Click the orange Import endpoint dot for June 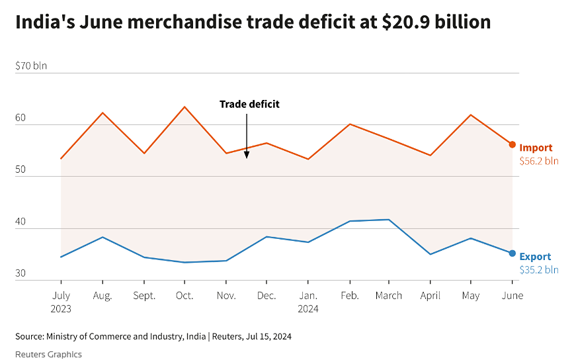click(x=512, y=144)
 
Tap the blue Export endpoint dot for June click(x=512, y=253)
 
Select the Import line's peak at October click(x=184, y=107)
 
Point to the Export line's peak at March click(x=389, y=220)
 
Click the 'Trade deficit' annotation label click(x=249, y=104)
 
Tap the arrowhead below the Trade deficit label click(x=247, y=156)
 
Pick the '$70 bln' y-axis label click(x=31, y=66)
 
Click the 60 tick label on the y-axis click(x=20, y=118)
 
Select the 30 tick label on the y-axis click(x=20, y=273)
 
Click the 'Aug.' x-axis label click(x=102, y=296)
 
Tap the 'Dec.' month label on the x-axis click(x=266, y=296)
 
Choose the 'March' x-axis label click(x=389, y=296)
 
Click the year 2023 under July click(x=61, y=308)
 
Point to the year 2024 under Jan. click(x=308, y=308)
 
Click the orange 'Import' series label click(x=536, y=148)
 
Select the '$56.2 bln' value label click(x=539, y=161)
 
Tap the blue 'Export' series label click(x=535, y=257)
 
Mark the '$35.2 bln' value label click(x=539, y=270)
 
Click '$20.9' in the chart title click(x=405, y=22)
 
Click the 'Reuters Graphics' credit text click(x=48, y=354)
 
